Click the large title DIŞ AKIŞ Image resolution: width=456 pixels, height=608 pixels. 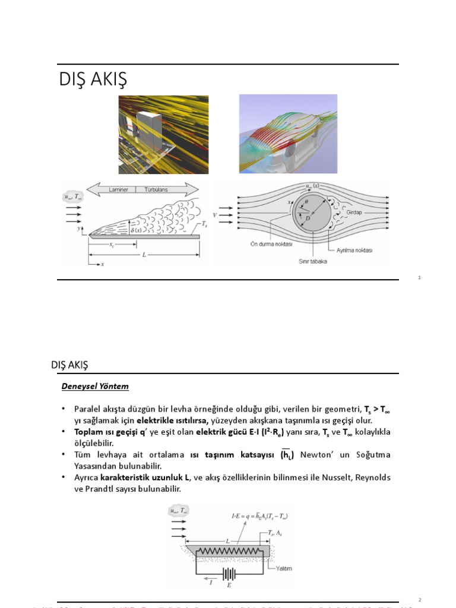[93, 80]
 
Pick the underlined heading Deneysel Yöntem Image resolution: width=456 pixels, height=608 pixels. [95, 386]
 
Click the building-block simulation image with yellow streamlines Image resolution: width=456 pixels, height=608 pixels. [163, 135]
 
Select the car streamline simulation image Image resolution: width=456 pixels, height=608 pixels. [288, 135]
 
